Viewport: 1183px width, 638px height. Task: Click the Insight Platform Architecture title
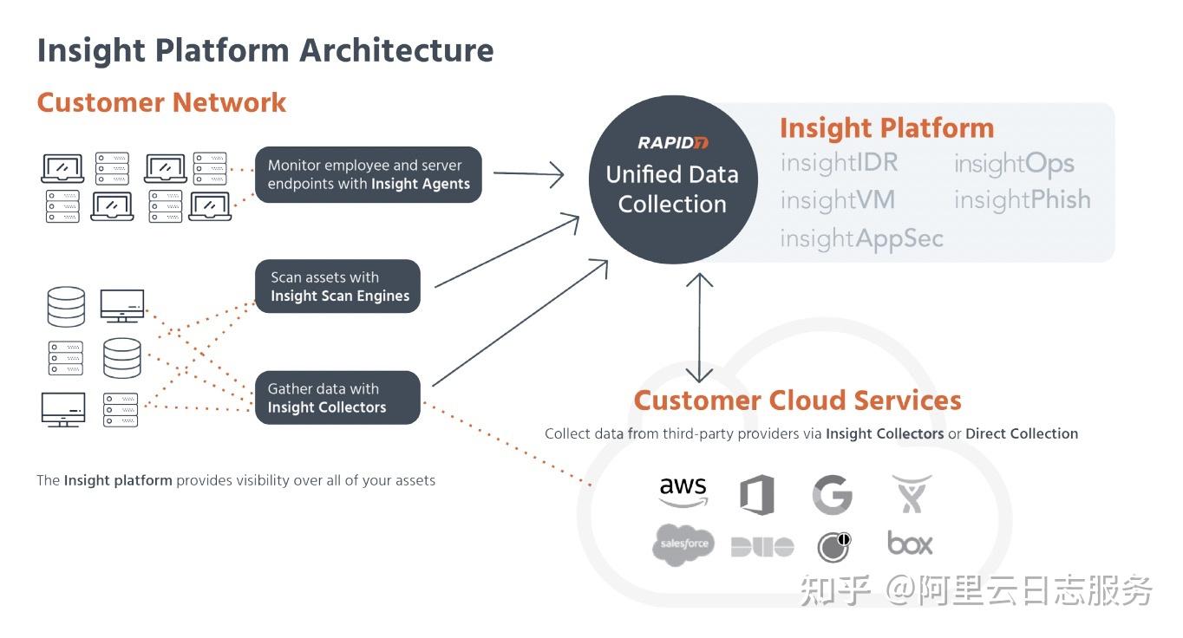pyautogui.click(x=265, y=50)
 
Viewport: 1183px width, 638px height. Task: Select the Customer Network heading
pyautogui.click(x=161, y=102)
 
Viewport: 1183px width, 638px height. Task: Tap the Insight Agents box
pyautogui.click(x=369, y=174)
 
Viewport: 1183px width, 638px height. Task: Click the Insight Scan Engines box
pyautogui.click(x=339, y=286)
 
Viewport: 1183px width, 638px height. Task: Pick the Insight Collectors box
pyautogui.click(x=337, y=398)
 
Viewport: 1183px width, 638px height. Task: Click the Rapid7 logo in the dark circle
pyautogui.click(x=672, y=142)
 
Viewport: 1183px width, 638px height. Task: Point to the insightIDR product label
pyautogui.click(x=839, y=163)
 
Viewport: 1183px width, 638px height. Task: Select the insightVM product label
pyautogui.click(x=837, y=200)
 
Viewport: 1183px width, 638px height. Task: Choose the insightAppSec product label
pyautogui.click(x=861, y=238)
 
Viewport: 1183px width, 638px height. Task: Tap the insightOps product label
pyautogui.click(x=1014, y=163)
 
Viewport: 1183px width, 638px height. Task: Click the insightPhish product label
pyautogui.click(x=1022, y=200)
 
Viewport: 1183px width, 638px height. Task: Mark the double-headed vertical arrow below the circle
pyautogui.click(x=699, y=328)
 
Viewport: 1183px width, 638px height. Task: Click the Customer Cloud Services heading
pyautogui.click(x=797, y=400)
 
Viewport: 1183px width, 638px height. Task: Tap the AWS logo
pyautogui.click(x=683, y=492)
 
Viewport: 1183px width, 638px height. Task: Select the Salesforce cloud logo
pyautogui.click(x=683, y=544)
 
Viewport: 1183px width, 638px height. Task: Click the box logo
pyautogui.click(x=910, y=544)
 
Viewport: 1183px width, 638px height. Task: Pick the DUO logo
pyautogui.click(x=761, y=546)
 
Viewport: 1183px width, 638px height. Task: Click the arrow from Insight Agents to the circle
pyautogui.click(x=528, y=174)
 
